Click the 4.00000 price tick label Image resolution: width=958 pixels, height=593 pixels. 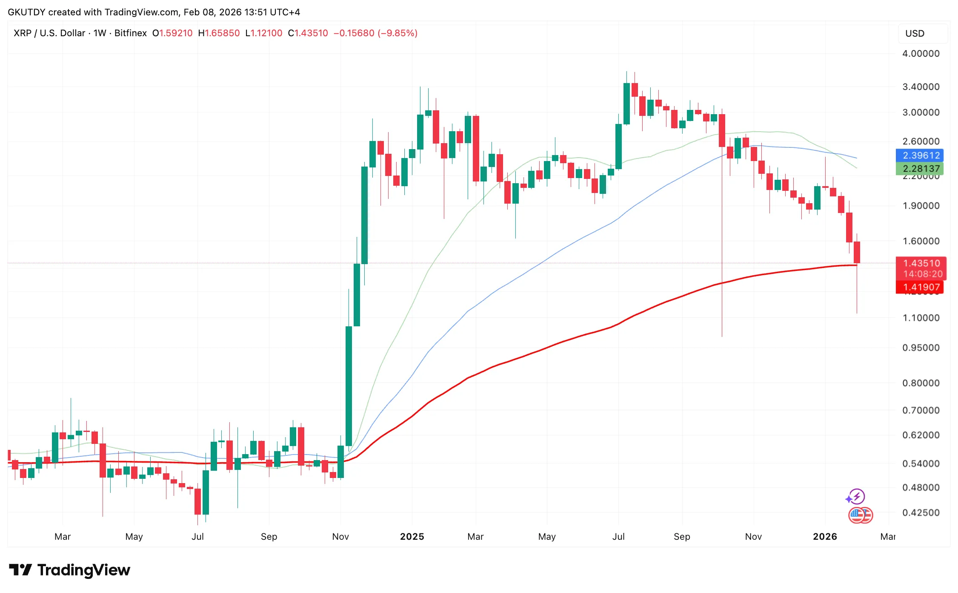pyautogui.click(x=921, y=54)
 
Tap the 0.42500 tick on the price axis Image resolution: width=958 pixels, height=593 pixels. pyautogui.click(x=921, y=512)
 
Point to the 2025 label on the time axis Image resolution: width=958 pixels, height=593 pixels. pyautogui.click(x=412, y=537)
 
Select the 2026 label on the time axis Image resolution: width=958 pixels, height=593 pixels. pyautogui.click(x=824, y=537)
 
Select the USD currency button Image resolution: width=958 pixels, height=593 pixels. pyautogui.click(x=915, y=34)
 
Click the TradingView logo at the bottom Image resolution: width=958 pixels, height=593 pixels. pyautogui.click(x=70, y=570)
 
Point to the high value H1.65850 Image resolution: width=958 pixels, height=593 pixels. pyautogui.click(x=219, y=33)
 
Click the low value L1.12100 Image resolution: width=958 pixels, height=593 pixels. pyautogui.click(x=264, y=33)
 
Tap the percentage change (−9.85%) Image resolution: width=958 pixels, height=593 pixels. pyautogui.click(x=397, y=33)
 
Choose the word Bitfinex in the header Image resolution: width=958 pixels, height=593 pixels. pyautogui.click(x=130, y=33)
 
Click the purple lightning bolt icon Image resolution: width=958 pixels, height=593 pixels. pyautogui.click(x=856, y=496)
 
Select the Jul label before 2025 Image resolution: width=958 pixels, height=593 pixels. pyautogui.click(x=197, y=537)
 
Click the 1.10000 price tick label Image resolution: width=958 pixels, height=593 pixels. pyautogui.click(x=921, y=318)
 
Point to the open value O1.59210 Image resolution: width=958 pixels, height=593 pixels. pyautogui.click(x=172, y=33)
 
